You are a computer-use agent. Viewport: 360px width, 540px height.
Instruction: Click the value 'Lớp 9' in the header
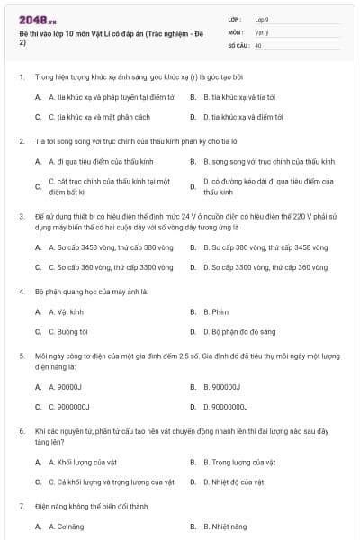pos(262,19)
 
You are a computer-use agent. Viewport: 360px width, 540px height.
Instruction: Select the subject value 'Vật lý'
pos(261,31)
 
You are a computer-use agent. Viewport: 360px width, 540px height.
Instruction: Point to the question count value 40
pos(258,44)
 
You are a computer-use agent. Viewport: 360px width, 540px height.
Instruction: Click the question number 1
pos(21,77)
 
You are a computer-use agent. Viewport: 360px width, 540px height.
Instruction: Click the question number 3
pos(21,216)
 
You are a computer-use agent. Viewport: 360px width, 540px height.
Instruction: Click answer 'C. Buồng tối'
pos(67,331)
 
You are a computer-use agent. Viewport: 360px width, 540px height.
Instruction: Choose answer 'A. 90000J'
pos(64,387)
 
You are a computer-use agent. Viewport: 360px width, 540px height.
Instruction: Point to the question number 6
pos(21,431)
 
